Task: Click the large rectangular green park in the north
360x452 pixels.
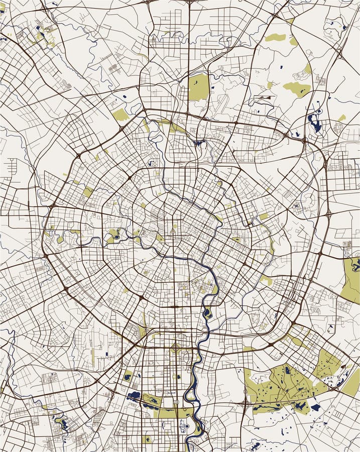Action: tap(198, 87)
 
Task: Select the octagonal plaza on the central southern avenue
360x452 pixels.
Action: tap(176, 348)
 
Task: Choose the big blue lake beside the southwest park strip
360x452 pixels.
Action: tap(135, 395)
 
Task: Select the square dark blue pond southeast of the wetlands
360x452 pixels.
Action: tap(315, 407)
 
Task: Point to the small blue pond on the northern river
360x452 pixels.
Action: tap(200, 143)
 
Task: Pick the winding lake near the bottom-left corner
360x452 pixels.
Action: tap(63, 423)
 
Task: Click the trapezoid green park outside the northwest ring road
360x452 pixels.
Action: tap(121, 115)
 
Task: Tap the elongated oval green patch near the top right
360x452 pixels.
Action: tap(275, 37)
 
